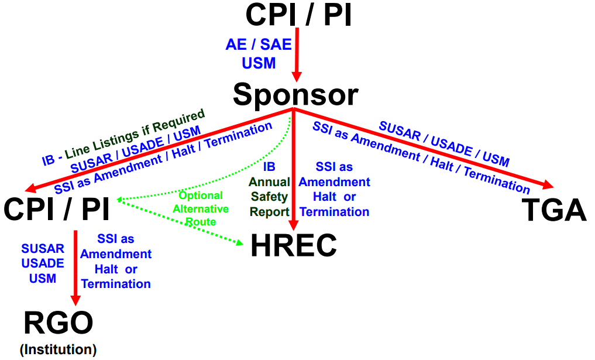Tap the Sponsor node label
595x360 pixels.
pyautogui.click(x=295, y=94)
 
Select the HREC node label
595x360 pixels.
pyautogui.click(x=294, y=246)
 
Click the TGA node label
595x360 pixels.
pyautogui.click(x=554, y=210)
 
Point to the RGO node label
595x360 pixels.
pyautogui.click(x=59, y=324)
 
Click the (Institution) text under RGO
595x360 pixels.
pyautogui.click(x=58, y=349)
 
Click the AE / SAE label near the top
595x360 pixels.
pyautogui.click(x=259, y=45)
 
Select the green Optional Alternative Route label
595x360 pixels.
pyautogui.click(x=201, y=208)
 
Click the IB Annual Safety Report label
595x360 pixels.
pyautogui.click(x=270, y=190)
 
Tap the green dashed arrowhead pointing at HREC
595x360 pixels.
pyautogui.click(x=238, y=243)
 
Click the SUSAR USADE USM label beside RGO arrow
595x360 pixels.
pyautogui.click(x=43, y=263)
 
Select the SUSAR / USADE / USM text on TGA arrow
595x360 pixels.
pyautogui.click(x=444, y=143)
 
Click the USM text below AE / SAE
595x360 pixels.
pyautogui.click(x=259, y=63)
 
